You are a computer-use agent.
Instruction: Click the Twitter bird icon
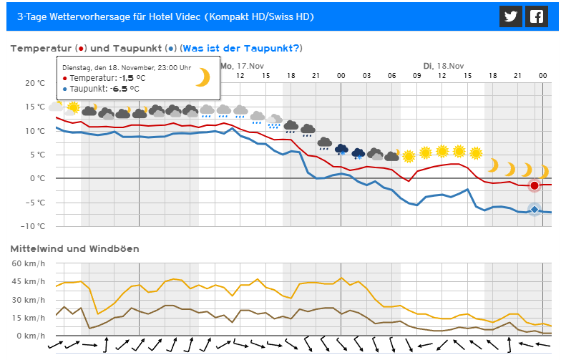509,17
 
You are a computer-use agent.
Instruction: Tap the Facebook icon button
535,17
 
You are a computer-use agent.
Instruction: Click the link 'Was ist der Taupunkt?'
241,48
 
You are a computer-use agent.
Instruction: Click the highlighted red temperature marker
534,186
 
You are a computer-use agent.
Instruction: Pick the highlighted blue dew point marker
534,209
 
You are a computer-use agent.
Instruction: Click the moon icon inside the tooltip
203,77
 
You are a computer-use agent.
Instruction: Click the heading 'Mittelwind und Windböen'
74,248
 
